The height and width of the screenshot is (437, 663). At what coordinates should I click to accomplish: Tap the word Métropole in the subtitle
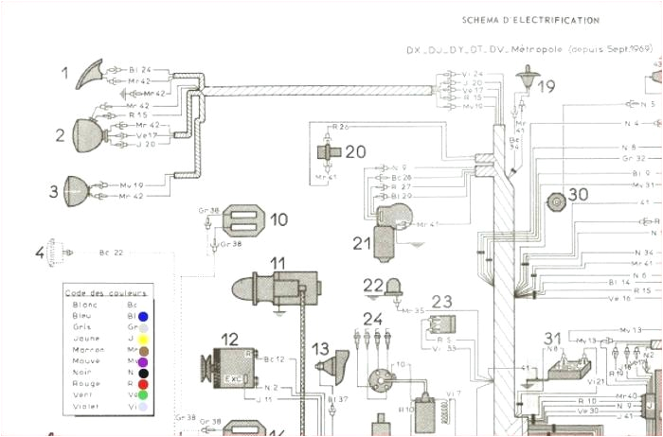pos(540,48)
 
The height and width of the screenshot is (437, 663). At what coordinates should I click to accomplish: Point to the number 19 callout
pos(547,88)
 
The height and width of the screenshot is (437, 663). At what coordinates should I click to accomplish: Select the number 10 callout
pos(278,219)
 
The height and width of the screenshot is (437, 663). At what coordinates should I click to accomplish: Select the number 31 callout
pos(552,338)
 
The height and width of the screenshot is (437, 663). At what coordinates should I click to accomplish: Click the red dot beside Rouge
pos(143,384)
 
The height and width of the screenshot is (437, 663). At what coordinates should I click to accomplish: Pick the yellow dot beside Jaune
pos(143,338)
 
